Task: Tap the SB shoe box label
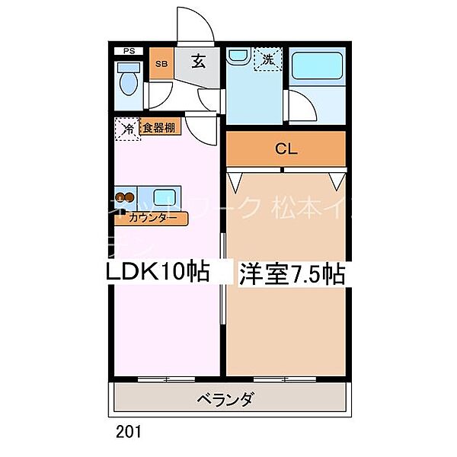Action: pos(161,64)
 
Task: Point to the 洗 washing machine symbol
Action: pos(268,59)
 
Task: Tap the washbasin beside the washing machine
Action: pos(237,57)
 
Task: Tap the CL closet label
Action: pos(285,149)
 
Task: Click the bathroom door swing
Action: pos(301,104)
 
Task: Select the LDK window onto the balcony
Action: pos(167,378)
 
